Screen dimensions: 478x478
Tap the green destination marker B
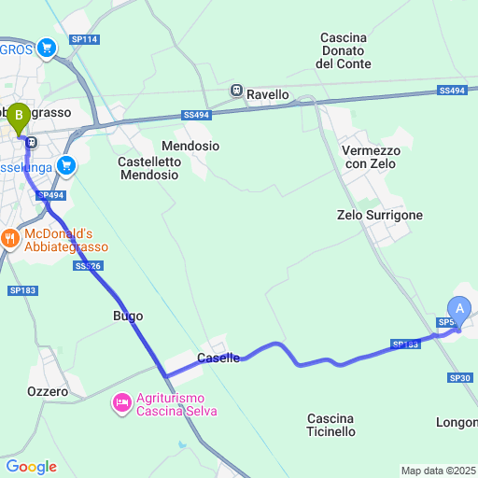pos(18,119)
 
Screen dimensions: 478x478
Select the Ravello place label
pos(268,93)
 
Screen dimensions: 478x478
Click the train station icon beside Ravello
pos(238,92)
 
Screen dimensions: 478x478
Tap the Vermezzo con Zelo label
pos(371,157)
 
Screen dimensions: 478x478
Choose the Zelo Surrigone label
pos(379,215)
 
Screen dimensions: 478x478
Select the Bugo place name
pos(128,316)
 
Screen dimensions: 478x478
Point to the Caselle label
pos(219,358)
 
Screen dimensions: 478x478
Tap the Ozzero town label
pos(48,392)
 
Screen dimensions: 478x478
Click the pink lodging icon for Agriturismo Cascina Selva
pos(121,403)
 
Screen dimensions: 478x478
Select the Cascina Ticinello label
pos(330,425)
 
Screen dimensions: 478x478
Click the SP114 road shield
pos(84,39)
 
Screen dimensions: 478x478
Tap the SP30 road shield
pos(459,377)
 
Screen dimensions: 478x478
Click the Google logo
pos(31,466)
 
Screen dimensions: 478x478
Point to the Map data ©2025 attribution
pos(438,471)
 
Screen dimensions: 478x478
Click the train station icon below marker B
pos(33,143)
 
